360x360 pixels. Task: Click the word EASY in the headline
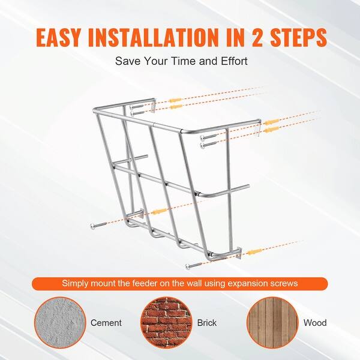click(59, 37)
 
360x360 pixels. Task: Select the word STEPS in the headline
click(298, 37)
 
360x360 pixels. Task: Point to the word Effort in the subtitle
click(234, 61)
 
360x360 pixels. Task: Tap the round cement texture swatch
click(60, 322)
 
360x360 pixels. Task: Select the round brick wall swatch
click(166, 322)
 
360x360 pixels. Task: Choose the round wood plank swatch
click(272, 322)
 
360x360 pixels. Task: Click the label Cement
click(106, 323)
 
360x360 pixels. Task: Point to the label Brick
click(207, 323)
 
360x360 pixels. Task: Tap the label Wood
click(315, 323)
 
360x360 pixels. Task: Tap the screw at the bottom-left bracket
click(100, 224)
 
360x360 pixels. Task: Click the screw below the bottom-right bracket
click(194, 265)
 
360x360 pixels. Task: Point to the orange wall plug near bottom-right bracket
click(254, 252)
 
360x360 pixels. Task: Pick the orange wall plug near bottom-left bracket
click(160, 211)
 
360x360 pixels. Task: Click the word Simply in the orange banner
click(76, 284)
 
